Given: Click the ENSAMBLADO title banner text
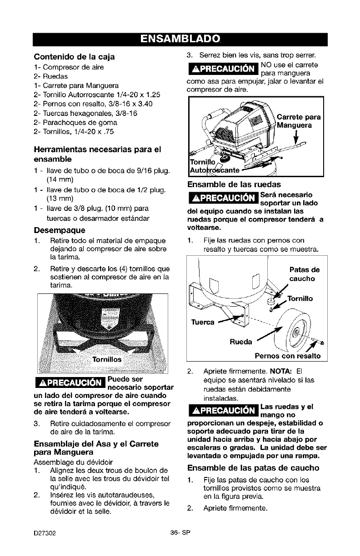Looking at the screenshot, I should pyautogui.click(x=180, y=38).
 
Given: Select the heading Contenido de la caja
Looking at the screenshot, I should pyautogui.click(x=74, y=57).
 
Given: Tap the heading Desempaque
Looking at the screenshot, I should pyautogui.click(x=55, y=230).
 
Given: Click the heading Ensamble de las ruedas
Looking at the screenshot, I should pyautogui.click(x=233, y=184).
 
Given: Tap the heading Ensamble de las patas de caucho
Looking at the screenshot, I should pyautogui.click(x=254, y=468).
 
